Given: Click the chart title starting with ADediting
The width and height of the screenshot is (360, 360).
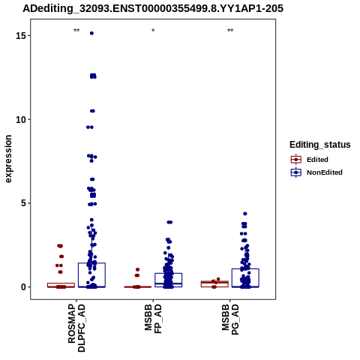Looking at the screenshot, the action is coord(153,8).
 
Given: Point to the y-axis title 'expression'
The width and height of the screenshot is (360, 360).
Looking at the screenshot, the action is coord(8,159).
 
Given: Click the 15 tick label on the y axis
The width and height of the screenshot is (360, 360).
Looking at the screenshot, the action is coord(21,36).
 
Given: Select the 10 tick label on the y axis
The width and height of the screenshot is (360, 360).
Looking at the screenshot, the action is coord(21,120).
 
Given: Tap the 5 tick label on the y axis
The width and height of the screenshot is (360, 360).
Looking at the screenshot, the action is coord(24,203).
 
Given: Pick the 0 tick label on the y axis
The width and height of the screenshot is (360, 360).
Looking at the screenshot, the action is coord(24,287).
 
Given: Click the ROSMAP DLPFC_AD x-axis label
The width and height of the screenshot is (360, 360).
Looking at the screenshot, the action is coord(76,328).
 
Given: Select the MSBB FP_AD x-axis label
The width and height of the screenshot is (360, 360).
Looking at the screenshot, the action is coord(154,319).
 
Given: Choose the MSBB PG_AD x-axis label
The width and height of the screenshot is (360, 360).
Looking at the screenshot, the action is coord(230,319).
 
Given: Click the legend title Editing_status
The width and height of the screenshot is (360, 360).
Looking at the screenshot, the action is coord(320,145).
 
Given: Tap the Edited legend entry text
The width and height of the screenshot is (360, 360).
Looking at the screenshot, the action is coord(317,160).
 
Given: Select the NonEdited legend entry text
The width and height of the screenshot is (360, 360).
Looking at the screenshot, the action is coord(325,172).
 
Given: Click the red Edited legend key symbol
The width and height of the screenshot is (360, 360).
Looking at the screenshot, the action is coord(296,160).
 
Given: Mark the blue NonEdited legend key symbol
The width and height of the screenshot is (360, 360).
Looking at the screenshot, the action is coord(296,172).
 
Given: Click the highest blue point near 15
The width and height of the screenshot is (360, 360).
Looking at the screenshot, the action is coord(91,33).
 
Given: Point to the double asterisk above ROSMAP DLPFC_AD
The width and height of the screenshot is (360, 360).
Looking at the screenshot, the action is coord(76,31).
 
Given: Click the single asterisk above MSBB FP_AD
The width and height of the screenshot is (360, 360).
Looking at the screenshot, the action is coord(153,31).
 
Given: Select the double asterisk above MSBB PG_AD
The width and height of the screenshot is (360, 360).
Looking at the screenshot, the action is coord(230,31).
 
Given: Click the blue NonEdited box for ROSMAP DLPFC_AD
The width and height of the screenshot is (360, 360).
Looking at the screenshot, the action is coord(91,263).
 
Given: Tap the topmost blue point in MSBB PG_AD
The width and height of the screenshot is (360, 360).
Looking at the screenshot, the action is coord(245,214).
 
